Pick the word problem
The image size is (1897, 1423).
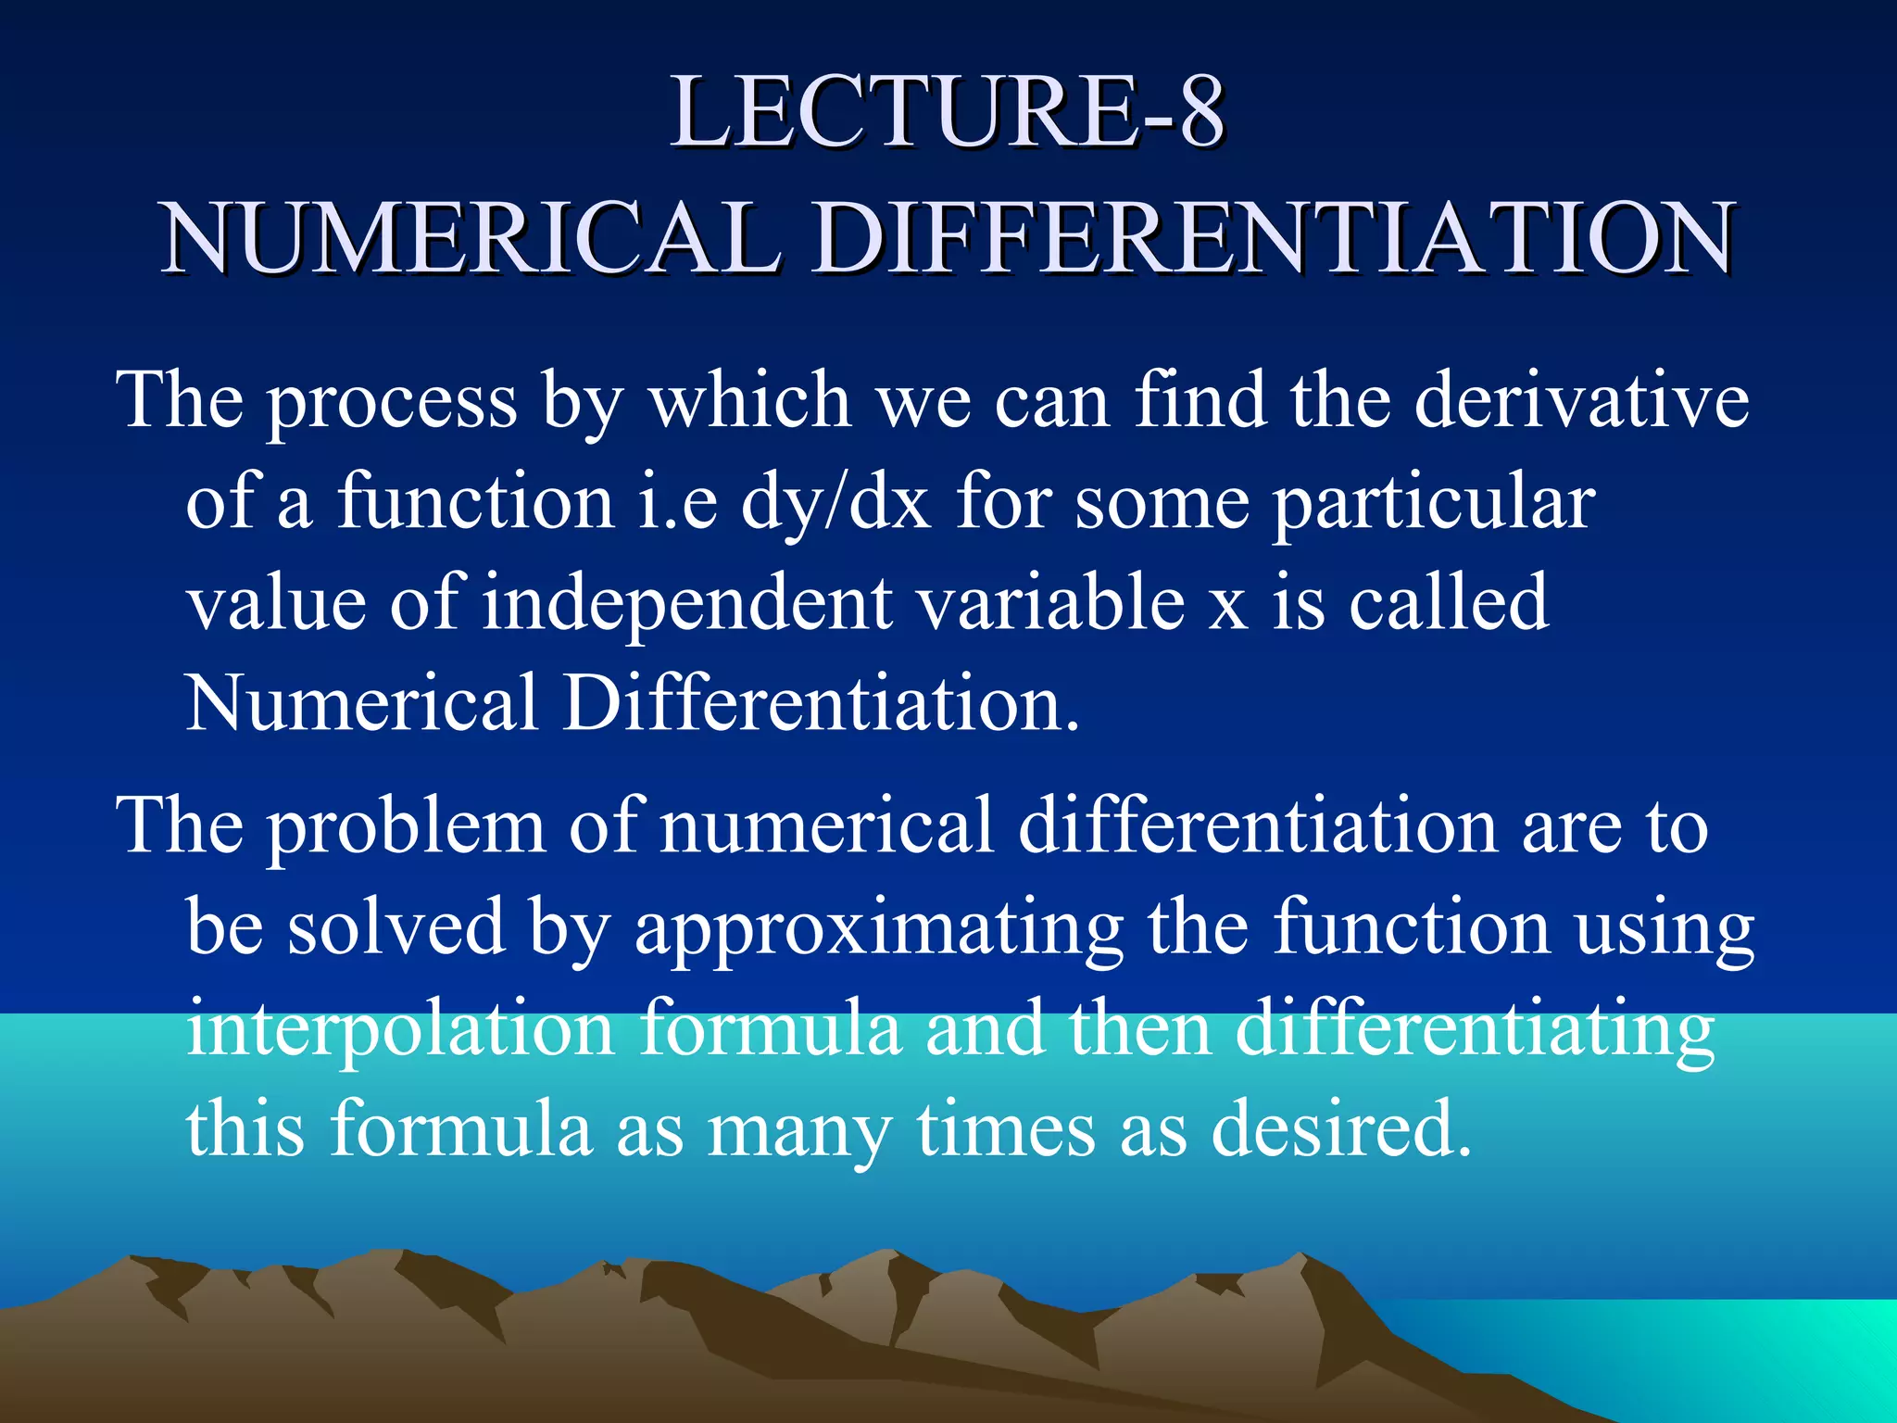click(x=407, y=827)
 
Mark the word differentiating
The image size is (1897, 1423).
click(x=1474, y=1029)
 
